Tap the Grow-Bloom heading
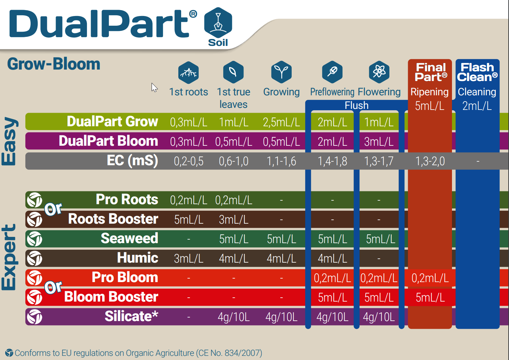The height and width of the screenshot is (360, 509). click(54, 64)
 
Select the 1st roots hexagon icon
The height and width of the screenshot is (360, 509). click(188, 72)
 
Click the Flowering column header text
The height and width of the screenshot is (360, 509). click(379, 92)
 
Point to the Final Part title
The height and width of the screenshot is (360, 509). click(430, 72)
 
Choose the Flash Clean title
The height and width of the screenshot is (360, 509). click(477, 72)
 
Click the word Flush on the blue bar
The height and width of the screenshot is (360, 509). click(356, 105)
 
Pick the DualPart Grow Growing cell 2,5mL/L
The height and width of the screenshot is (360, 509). click(281, 122)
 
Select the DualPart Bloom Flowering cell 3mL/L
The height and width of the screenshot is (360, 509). click(379, 142)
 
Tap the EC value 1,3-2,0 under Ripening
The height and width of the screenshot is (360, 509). click(430, 161)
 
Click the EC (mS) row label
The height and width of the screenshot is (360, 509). click(132, 161)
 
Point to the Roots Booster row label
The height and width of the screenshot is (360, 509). click(113, 219)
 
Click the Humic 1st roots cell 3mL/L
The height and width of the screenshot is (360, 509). click(188, 258)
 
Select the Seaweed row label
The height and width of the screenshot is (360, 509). click(129, 239)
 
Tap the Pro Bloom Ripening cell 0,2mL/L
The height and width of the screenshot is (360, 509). click(430, 278)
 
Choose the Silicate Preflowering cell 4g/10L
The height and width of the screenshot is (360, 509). click(332, 317)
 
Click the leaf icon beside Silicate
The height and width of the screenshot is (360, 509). click(34, 317)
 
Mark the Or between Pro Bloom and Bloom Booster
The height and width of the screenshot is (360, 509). click(53, 287)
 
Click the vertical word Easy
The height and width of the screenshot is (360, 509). click(9, 141)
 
